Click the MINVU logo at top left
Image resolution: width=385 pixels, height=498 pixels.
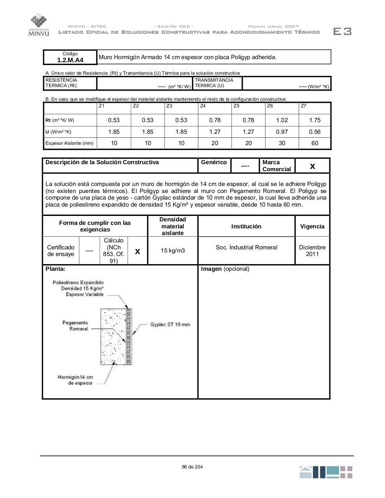tap(38, 25)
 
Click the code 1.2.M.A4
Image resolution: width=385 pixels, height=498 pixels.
tap(70, 60)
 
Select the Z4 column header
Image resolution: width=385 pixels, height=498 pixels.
tap(203, 106)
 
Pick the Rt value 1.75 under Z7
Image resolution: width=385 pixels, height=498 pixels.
tap(315, 120)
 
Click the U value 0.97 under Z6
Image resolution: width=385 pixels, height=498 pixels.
tap(282, 132)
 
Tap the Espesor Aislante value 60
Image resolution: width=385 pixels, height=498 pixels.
tap(315, 143)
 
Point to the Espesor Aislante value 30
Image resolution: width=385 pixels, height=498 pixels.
tap(282, 143)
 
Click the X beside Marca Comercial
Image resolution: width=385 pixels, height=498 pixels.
tap(312, 167)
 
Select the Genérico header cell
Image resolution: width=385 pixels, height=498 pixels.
tap(214, 163)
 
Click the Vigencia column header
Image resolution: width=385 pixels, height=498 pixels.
tap(312, 226)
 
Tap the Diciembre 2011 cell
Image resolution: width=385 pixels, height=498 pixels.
tap(312, 251)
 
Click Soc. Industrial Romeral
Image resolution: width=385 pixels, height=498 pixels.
tap(247, 247)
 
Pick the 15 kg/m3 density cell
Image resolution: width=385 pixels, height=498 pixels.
tap(173, 251)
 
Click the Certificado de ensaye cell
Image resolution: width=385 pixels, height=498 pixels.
tap(61, 251)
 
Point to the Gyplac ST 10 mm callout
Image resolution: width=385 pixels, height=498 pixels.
tap(170, 324)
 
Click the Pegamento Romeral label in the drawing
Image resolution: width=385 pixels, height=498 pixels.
tap(75, 326)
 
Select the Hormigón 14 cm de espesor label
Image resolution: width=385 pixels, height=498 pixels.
tap(75, 380)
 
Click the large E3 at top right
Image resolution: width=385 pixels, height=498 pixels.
tap(343, 32)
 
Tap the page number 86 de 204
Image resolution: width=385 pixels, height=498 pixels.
tap(192, 467)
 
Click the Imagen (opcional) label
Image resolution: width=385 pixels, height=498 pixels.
tap(225, 269)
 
